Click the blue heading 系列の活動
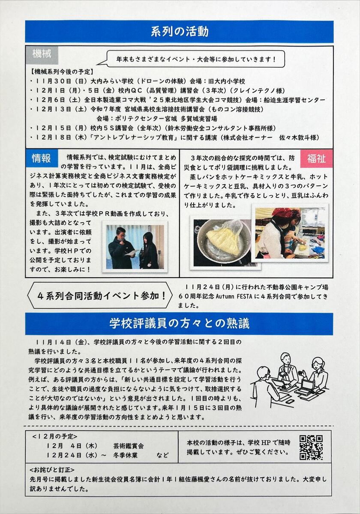click(x=179, y=32)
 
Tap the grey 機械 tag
click(x=42, y=55)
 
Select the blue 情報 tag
click(x=42, y=158)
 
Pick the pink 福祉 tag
click(x=316, y=158)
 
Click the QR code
click(x=311, y=448)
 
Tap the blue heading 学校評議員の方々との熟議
click(x=179, y=324)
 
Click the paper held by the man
click(x=132, y=253)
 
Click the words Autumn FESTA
click(x=234, y=296)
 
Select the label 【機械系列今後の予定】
click(x=62, y=72)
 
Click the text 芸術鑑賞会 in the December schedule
click(x=128, y=445)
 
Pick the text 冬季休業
click(x=125, y=455)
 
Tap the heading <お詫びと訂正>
click(x=52, y=469)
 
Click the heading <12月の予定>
click(x=55, y=436)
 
